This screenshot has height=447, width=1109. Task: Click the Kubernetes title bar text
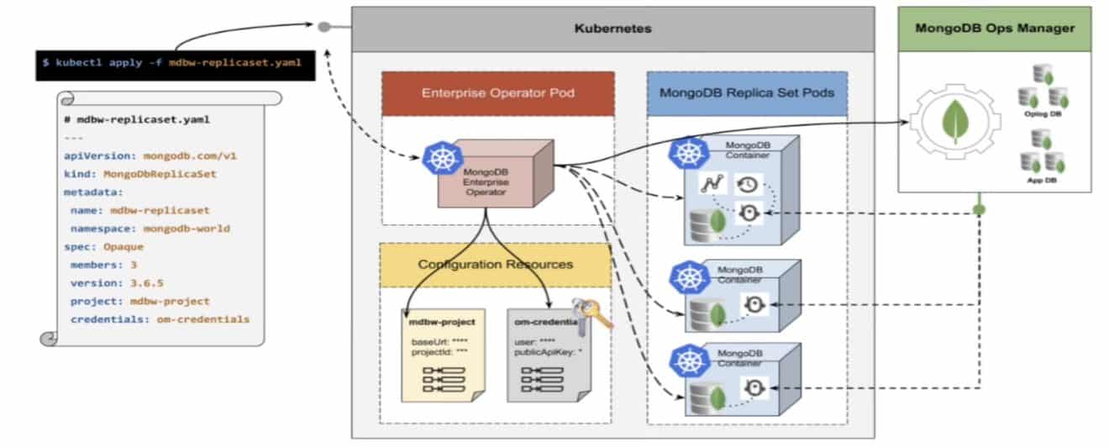pyautogui.click(x=612, y=29)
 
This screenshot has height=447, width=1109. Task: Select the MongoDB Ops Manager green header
pyautogui.click(x=994, y=29)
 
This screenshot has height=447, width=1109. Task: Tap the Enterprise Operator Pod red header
pyautogui.click(x=497, y=92)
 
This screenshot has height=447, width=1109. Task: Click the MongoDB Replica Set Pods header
pyautogui.click(x=746, y=92)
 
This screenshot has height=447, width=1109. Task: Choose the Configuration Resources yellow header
pyautogui.click(x=496, y=264)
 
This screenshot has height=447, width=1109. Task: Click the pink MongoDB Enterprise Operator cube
pyautogui.click(x=492, y=176)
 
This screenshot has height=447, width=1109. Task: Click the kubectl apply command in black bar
pyautogui.click(x=175, y=62)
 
